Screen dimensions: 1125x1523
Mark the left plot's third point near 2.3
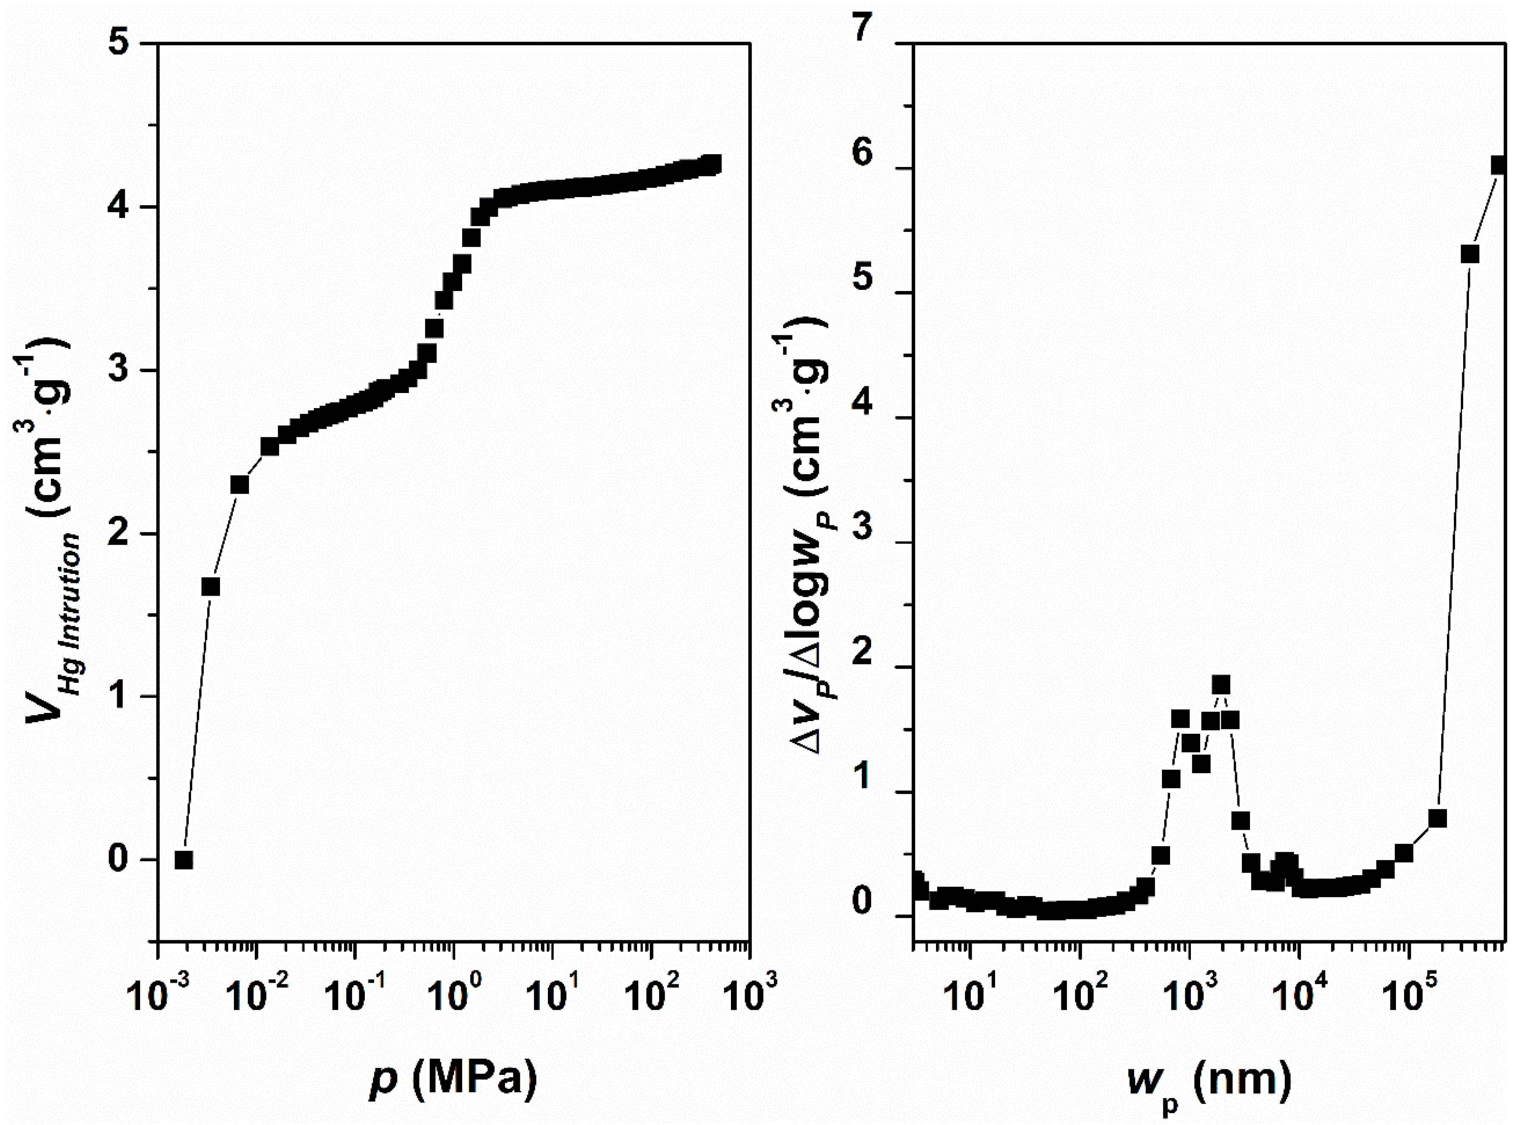[240, 485]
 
